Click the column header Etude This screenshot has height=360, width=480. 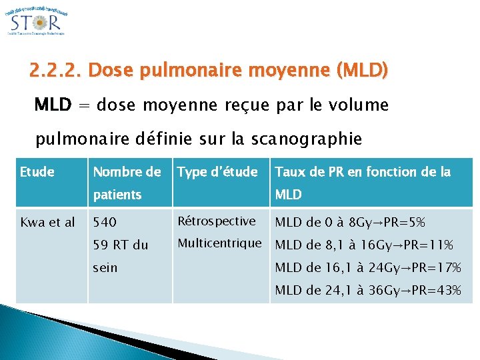(x=37, y=172)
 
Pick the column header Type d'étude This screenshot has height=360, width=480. (x=217, y=172)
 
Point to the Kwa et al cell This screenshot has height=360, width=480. (x=47, y=222)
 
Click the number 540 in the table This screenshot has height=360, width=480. (x=104, y=222)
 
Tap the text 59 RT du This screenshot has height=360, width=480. (x=120, y=245)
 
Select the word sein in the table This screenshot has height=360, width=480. (x=105, y=267)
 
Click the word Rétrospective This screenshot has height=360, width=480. (x=216, y=221)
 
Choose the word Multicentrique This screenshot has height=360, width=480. (x=219, y=243)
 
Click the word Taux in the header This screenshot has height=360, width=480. (x=289, y=172)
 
